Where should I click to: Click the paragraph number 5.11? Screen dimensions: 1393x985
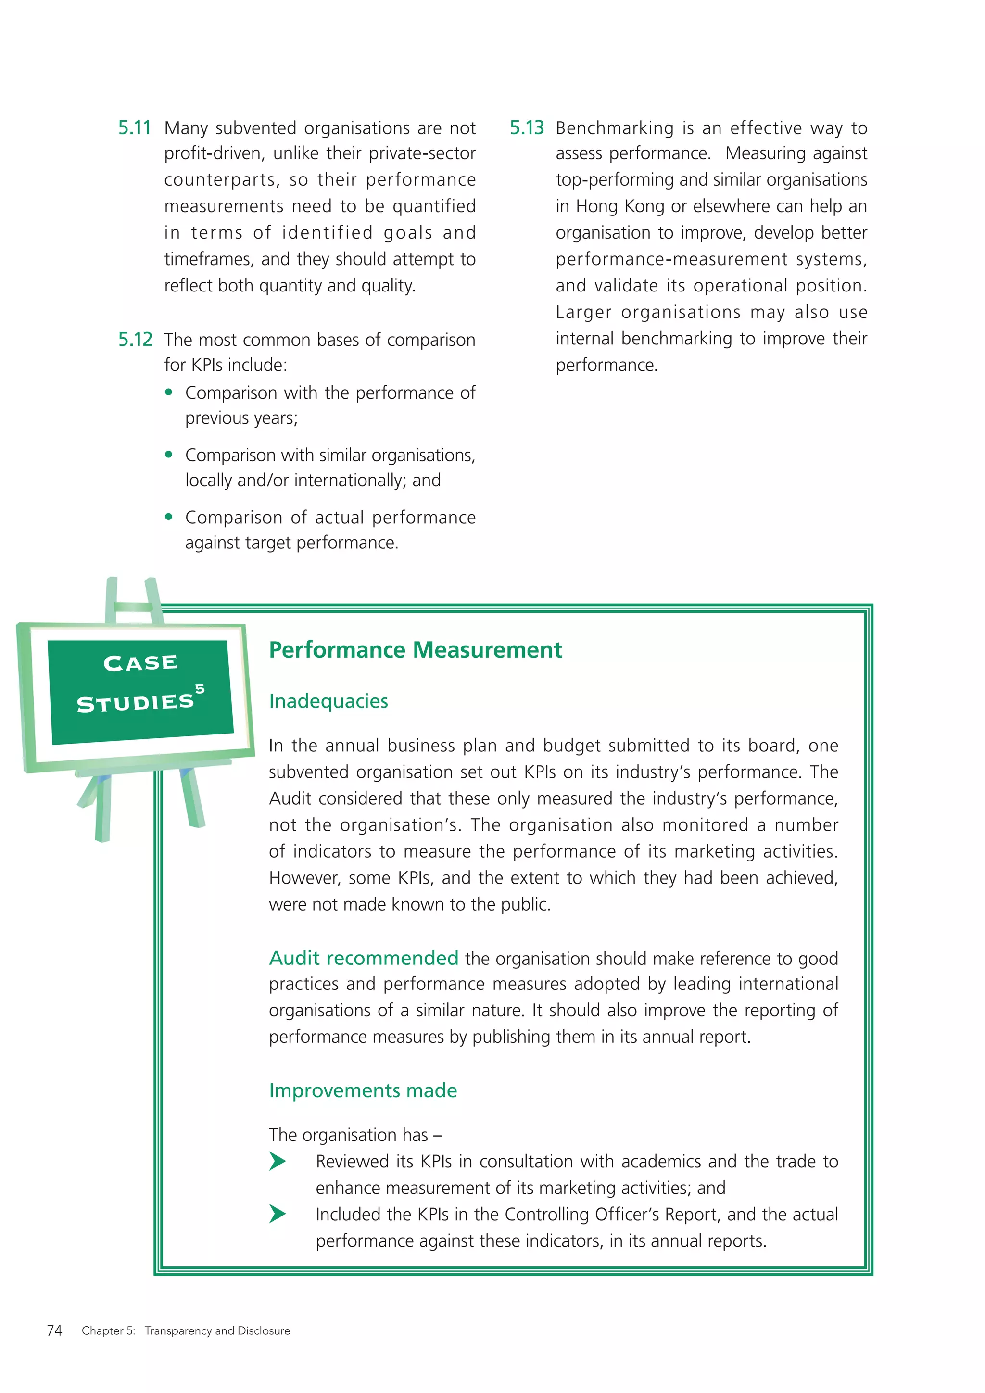[x=134, y=128]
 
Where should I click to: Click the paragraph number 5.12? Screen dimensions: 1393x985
[x=135, y=340]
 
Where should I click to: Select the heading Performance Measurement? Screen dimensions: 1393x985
[x=415, y=650]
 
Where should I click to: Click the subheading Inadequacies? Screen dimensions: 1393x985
[x=328, y=701]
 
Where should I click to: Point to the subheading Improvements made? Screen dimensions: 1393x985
[x=363, y=1090]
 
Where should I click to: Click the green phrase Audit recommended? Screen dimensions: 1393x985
[x=363, y=958]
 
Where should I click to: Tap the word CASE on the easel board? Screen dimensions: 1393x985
[x=141, y=662]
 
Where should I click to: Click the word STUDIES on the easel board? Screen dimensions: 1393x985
[x=135, y=703]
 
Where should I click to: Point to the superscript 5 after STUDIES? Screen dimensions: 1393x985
[x=200, y=689]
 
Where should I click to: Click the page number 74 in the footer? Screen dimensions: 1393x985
[x=54, y=1330]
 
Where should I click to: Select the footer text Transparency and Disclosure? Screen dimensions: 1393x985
[x=217, y=1330]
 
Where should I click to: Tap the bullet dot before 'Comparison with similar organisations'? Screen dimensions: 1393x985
[x=169, y=455]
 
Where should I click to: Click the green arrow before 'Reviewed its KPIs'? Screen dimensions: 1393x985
[x=278, y=1161]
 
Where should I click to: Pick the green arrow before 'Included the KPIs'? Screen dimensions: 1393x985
[x=278, y=1214]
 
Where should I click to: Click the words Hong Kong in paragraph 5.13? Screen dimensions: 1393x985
[x=620, y=206]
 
